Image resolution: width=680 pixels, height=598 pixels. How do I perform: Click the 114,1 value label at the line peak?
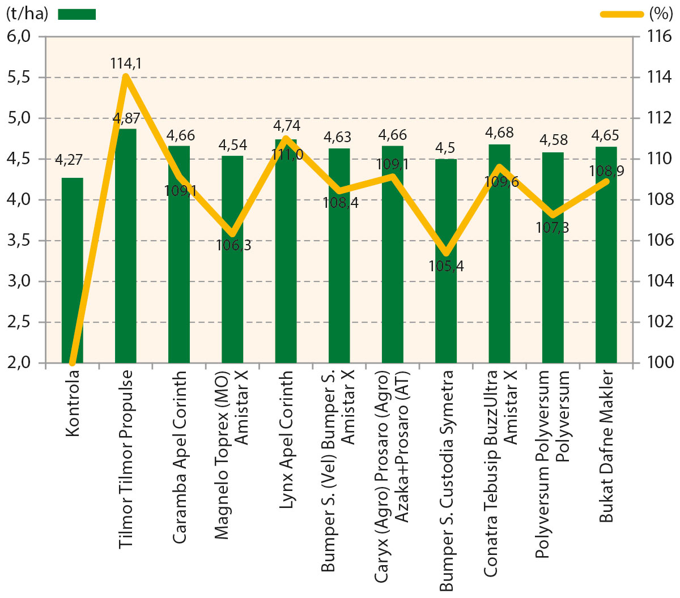(125, 63)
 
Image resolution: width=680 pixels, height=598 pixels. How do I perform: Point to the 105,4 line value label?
(446, 266)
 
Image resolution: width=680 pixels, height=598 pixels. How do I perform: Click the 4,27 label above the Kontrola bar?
(69, 160)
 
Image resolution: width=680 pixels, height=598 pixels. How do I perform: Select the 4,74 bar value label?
(287, 126)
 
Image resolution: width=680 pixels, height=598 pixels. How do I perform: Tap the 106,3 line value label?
(233, 245)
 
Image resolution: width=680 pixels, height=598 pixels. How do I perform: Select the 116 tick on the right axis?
(659, 37)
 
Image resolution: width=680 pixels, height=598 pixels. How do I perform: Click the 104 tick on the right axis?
(659, 281)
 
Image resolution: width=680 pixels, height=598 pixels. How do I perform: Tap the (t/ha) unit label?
(27, 14)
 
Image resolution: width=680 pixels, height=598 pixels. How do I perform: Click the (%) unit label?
(660, 14)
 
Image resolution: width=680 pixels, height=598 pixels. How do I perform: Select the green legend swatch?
(77, 14)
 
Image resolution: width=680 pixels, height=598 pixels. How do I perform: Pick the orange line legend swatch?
(622, 14)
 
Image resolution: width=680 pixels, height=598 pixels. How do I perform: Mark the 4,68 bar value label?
(499, 133)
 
